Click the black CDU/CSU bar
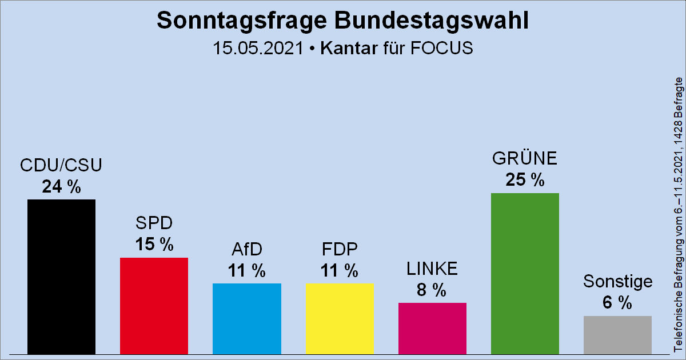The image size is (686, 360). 62,277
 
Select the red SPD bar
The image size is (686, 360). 154,306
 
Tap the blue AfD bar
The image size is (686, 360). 246,318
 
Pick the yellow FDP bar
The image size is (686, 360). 340,318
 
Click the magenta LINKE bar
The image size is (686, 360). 432,328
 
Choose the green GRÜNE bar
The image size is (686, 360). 525,273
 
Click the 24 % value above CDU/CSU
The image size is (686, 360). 62,187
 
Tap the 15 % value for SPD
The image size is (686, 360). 154,245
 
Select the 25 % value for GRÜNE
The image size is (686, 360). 525,180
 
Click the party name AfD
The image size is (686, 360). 246,250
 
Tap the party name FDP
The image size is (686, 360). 340,250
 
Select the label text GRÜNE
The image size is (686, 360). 525,158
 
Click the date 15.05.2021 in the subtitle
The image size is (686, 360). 257,48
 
